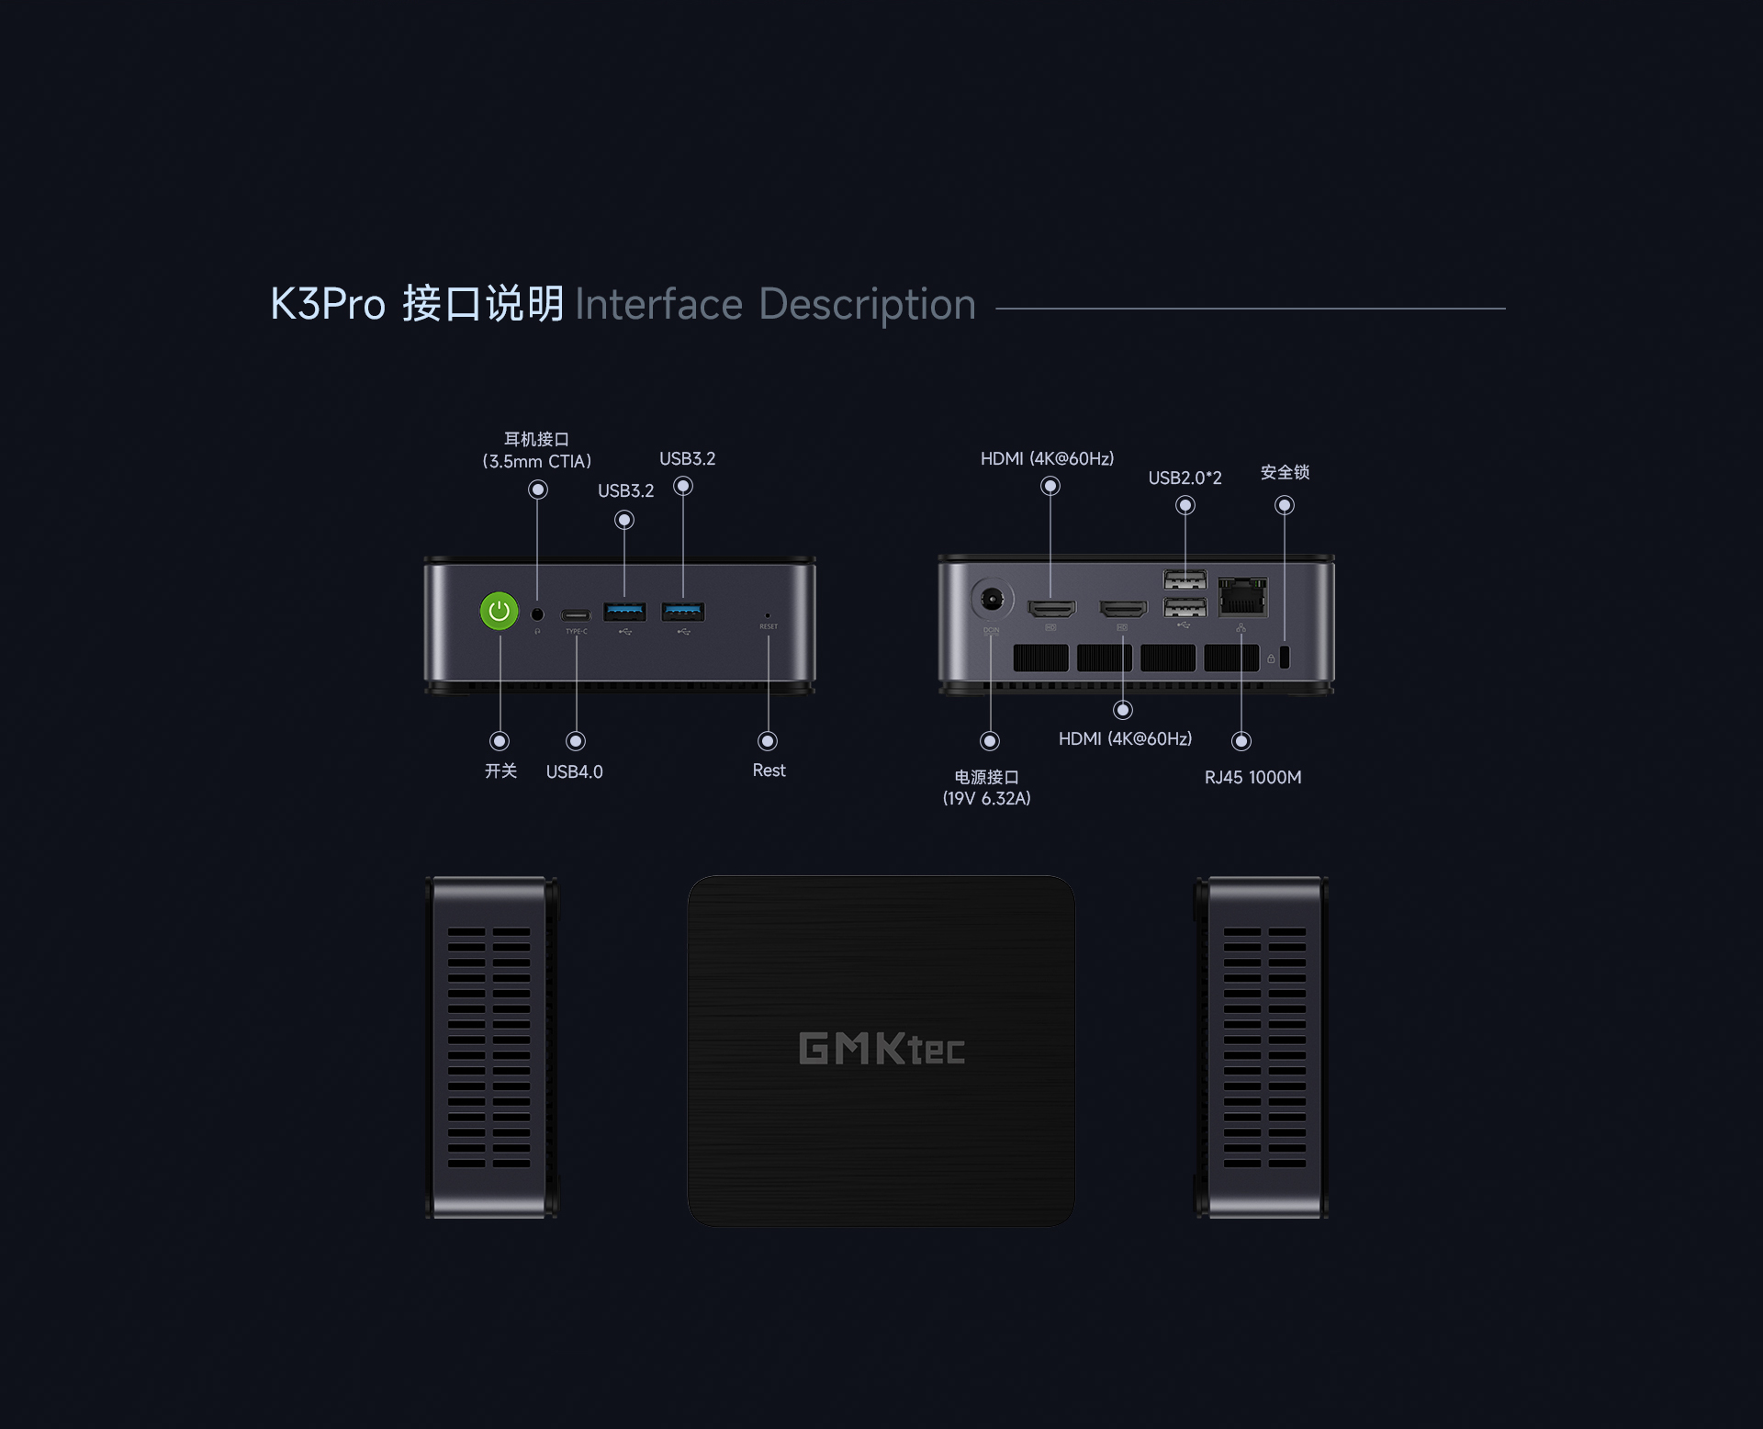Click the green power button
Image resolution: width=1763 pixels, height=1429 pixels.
click(500, 611)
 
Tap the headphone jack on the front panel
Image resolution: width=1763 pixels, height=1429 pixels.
click(538, 614)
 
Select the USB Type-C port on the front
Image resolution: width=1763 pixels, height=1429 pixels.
click(576, 614)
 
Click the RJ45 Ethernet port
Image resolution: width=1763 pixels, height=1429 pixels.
click(1242, 597)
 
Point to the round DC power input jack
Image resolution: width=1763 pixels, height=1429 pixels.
click(992, 600)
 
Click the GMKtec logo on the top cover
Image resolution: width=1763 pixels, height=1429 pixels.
click(881, 1049)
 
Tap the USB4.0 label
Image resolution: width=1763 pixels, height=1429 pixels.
click(575, 771)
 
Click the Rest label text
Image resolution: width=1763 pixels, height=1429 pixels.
click(769, 771)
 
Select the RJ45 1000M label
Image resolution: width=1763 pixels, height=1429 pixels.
click(1252, 777)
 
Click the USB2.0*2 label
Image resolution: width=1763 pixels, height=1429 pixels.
click(1185, 478)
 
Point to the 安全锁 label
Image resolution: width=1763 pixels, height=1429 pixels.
click(1285, 472)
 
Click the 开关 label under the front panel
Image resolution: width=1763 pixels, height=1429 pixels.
click(500, 771)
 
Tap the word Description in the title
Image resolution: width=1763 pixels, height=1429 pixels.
click(867, 304)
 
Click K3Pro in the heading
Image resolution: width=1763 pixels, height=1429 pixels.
click(328, 304)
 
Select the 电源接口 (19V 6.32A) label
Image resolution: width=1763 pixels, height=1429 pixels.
click(987, 788)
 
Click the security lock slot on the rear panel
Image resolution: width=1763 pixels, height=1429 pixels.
click(1285, 658)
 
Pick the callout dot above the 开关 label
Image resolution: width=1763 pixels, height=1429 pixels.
click(500, 740)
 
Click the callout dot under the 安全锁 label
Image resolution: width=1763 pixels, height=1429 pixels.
click(1285, 505)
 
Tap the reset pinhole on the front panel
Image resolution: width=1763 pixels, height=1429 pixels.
click(768, 615)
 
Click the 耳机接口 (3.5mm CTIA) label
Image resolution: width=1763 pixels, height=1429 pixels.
click(537, 450)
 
